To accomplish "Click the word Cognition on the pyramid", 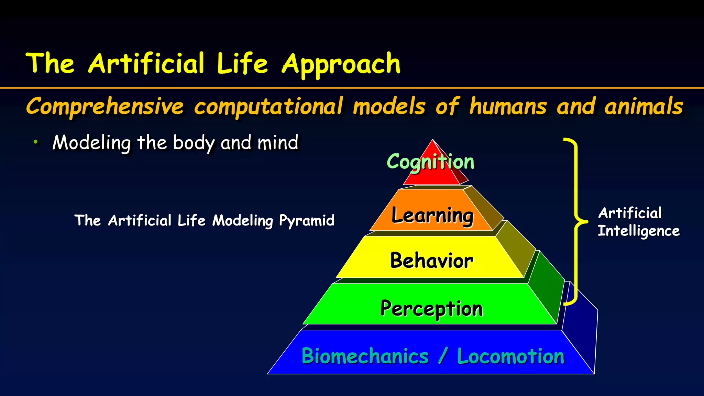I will [430, 162].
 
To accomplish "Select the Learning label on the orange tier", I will [432, 216].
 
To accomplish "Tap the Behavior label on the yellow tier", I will [432, 261].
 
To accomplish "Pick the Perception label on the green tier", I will [432, 308].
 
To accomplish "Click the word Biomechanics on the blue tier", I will [365, 356].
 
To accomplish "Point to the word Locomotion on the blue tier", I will [511, 356].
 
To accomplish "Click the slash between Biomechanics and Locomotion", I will [443, 356].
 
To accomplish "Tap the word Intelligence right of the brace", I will [639, 231].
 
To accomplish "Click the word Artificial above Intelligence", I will [630, 213].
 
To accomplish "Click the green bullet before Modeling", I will [35, 142].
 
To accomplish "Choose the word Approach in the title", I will [341, 64].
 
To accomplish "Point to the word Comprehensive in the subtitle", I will [105, 106].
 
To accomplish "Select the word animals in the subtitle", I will [643, 106].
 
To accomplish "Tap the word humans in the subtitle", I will [508, 106].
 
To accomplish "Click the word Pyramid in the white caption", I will [307, 221].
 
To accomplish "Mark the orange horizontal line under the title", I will [352, 88].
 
